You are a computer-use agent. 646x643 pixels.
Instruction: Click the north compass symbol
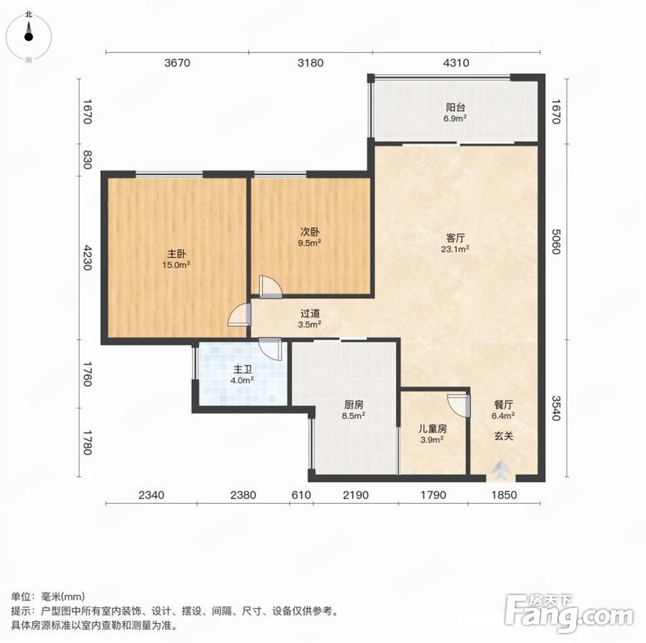[x=29, y=36]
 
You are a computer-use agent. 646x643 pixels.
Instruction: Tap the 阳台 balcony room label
[x=455, y=108]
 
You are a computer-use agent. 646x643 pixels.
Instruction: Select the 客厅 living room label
[x=455, y=238]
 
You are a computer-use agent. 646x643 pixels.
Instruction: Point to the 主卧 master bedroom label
[x=176, y=254]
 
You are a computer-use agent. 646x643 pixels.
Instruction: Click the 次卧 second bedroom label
[x=309, y=231]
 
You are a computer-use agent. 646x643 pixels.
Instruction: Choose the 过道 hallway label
[x=310, y=314]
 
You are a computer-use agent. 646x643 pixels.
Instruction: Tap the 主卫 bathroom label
[x=242, y=369]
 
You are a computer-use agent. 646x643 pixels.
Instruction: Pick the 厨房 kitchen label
[x=353, y=404]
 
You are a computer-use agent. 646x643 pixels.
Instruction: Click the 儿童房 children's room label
[x=432, y=429]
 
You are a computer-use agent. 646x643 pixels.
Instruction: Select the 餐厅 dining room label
[x=503, y=404]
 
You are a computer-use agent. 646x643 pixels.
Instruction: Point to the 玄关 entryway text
[x=503, y=436]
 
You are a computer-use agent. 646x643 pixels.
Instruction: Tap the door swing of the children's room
[x=458, y=406]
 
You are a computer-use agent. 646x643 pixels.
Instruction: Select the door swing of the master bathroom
[x=271, y=349]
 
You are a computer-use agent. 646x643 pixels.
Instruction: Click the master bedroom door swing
[x=240, y=315]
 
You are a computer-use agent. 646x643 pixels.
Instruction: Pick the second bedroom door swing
[x=271, y=286]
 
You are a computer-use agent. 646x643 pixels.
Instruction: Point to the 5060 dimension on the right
[x=556, y=241]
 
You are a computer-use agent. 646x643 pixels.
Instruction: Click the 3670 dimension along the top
[x=177, y=63]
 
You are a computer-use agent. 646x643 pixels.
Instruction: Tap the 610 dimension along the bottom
[x=301, y=494]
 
